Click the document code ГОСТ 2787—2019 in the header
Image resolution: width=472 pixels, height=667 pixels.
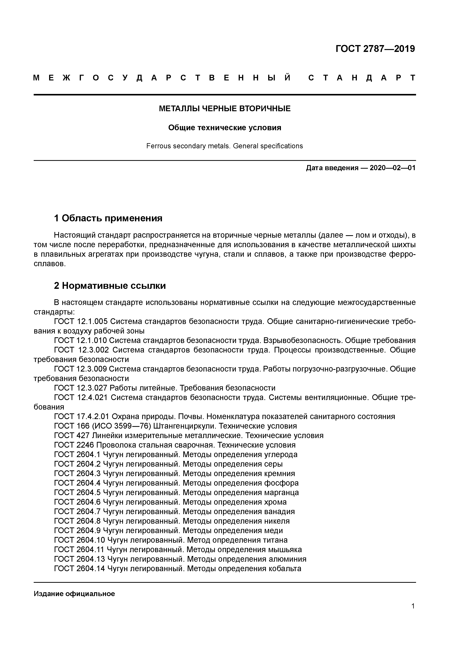(375, 49)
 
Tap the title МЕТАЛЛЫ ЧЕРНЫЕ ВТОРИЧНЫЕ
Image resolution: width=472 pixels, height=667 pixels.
(225, 109)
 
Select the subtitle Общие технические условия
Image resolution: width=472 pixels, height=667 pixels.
(225, 128)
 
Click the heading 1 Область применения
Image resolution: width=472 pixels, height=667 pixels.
(108, 218)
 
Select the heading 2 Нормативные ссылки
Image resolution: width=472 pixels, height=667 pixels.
(110, 286)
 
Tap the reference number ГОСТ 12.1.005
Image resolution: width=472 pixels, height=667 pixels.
(81, 322)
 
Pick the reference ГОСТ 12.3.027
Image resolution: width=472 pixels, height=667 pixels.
(81, 388)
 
